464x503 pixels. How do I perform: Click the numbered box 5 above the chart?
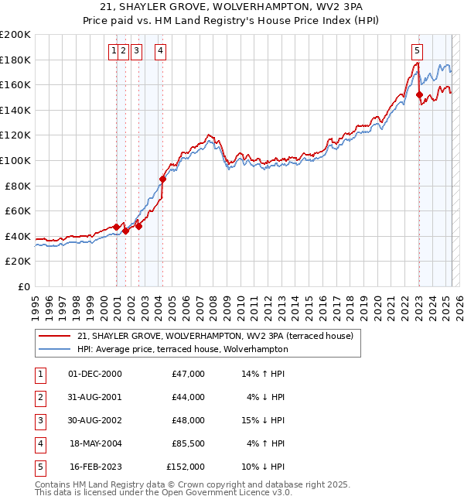[x=417, y=52]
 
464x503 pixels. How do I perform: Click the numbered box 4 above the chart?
[x=160, y=52]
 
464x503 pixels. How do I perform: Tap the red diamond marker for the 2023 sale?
[x=419, y=96]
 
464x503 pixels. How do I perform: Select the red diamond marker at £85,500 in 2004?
[x=162, y=180]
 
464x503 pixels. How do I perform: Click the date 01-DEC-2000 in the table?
[x=95, y=374]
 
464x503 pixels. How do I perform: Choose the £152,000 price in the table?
[x=186, y=467]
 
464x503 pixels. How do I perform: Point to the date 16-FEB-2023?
[x=96, y=467]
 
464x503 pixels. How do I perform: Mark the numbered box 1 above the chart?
[x=114, y=52]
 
